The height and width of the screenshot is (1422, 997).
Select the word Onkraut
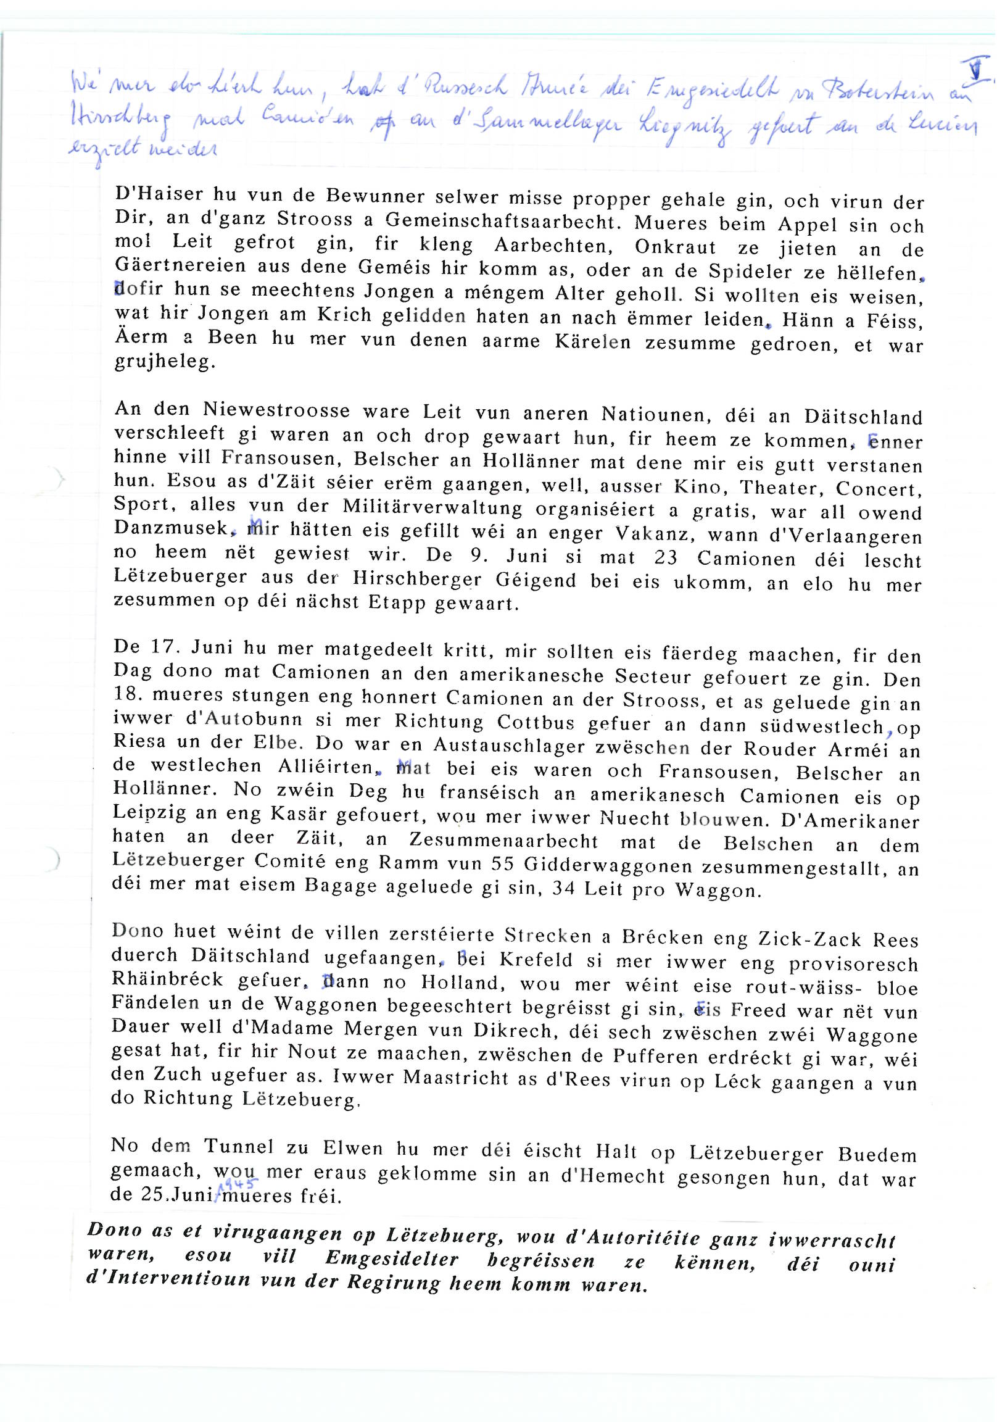coord(675,247)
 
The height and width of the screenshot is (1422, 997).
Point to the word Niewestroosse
coord(277,410)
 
